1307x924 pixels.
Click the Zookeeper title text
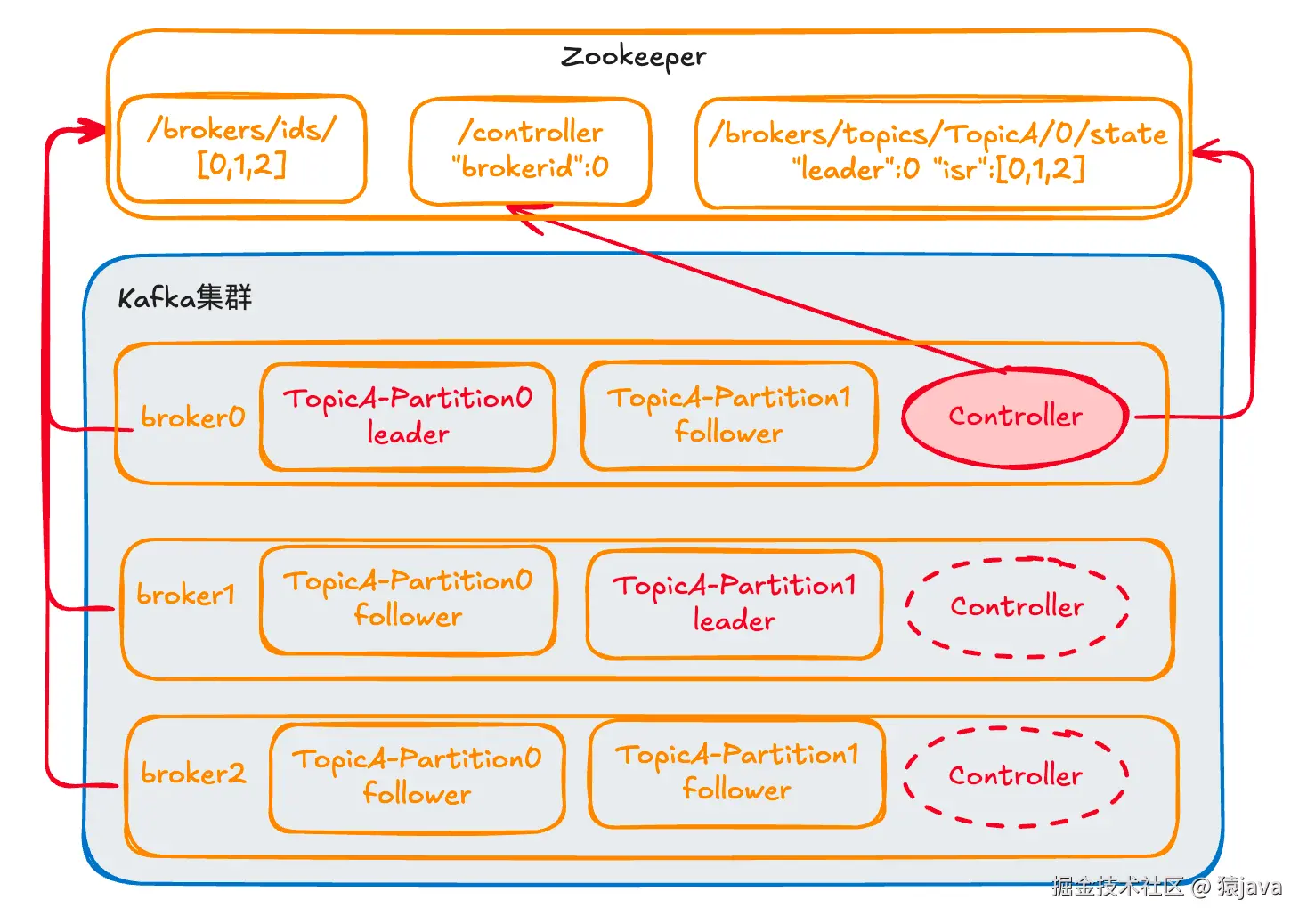pos(633,57)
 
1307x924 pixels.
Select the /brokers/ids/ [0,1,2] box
pos(242,148)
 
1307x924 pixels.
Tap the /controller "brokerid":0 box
pos(531,150)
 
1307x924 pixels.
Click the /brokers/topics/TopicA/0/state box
pos(938,152)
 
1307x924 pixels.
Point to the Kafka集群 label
pos(185,297)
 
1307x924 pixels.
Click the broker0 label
pos(192,417)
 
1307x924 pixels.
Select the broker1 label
pos(185,594)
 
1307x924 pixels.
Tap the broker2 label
pos(192,773)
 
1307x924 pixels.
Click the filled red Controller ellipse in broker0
pos(1015,417)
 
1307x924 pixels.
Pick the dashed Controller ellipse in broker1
pos(1017,607)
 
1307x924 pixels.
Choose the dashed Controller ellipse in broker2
pos(1015,776)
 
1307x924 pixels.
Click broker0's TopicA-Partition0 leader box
pos(408,416)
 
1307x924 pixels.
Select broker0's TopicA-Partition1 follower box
pos(729,415)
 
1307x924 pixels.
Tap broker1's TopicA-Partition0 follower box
pos(408,598)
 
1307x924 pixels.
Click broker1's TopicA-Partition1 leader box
pos(735,603)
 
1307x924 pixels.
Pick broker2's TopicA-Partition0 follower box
pos(417,776)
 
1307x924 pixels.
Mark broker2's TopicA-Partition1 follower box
pos(736,773)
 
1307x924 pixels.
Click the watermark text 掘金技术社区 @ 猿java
pos(1166,887)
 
